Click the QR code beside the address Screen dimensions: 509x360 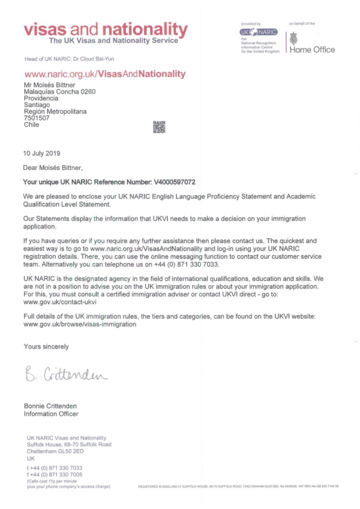pos(160,127)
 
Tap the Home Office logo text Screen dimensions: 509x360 pos(312,50)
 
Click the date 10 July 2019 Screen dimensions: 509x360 pos(42,153)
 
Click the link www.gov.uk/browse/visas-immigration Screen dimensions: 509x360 pos(79,324)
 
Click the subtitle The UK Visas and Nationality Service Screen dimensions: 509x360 pos(114,41)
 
